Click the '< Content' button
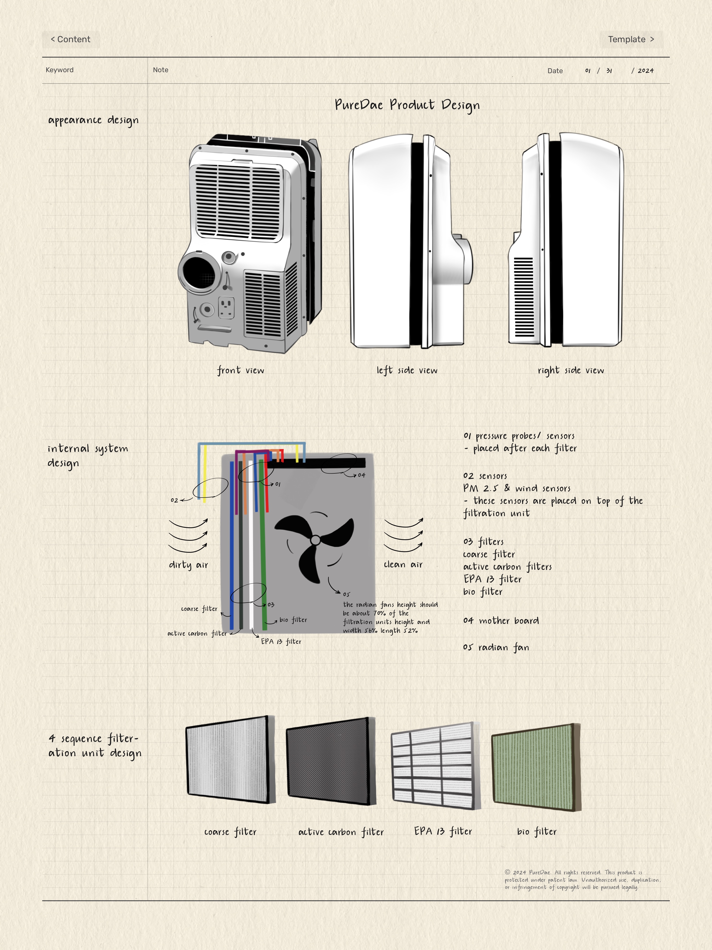pos(71,40)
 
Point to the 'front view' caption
pos(240,370)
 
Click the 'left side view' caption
pos(407,370)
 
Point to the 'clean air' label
pos(403,564)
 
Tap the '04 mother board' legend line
pos(501,621)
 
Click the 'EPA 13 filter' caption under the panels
pos(443,831)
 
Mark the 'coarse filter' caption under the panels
pos(230,832)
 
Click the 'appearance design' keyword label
pos(93,120)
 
